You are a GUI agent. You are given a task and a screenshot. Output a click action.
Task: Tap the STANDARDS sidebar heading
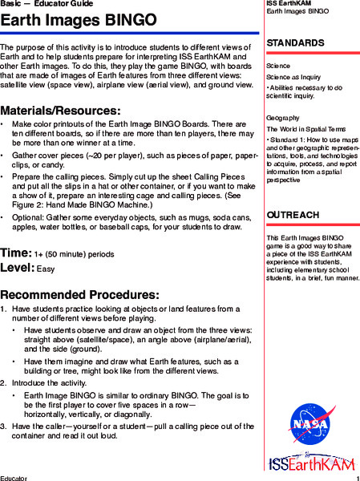[x=296, y=42]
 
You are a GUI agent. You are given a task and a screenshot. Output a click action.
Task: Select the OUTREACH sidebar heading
[x=293, y=216]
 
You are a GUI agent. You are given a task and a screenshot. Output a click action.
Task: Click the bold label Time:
[x=16, y=253]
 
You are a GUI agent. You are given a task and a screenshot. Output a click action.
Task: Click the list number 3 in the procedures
[x=3, y=426]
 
